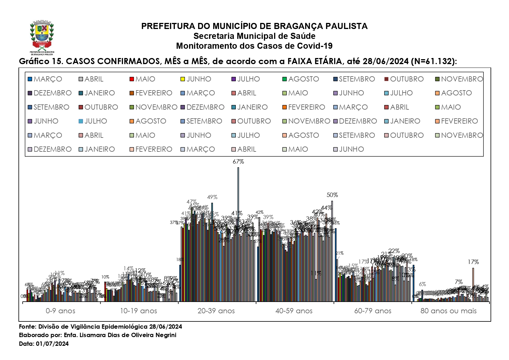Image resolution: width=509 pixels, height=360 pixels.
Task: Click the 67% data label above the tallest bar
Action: tap(238, 162)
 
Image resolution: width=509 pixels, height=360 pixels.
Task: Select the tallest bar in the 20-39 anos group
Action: tap(238, 232)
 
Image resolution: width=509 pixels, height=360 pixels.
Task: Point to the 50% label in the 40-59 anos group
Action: tap(332, 195)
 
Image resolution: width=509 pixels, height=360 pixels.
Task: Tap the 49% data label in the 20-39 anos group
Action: tap(212, 197)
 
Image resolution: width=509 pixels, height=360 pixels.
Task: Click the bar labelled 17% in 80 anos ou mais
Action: tap(473, 284)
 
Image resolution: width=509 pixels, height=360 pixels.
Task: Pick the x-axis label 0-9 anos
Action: tap(60, 311)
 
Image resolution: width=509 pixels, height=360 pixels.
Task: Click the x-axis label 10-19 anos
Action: tap(138, 311)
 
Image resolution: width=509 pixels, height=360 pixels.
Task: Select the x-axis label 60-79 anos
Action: tap(373, 311)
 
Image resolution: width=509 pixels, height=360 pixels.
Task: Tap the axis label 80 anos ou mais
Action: tap(448, 311)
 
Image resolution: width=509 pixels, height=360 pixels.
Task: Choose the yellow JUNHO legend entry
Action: tap(196, 79)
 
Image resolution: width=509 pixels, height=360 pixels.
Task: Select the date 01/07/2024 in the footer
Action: tap(52, 344)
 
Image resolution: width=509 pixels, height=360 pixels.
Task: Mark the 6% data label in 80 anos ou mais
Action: tap(422, 284)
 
